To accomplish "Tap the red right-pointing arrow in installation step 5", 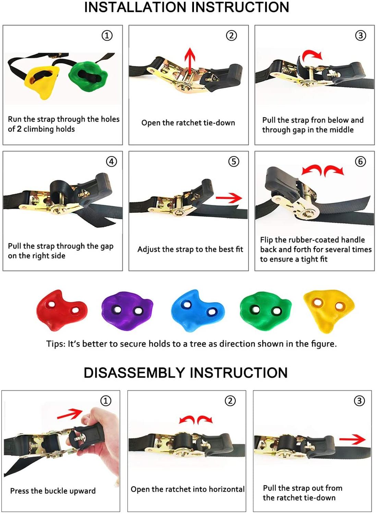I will pos(229,198).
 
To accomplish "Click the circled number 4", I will pos(111,161).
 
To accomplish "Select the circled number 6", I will pos(360,161).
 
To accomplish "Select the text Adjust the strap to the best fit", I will pos(190,249).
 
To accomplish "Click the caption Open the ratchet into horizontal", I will pos(187,489).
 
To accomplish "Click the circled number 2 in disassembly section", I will pos(230,401).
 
